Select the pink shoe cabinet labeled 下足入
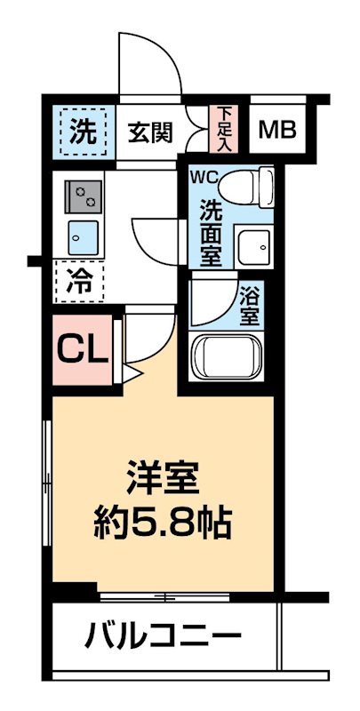223,129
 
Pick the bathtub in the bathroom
227,358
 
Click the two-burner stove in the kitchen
85,196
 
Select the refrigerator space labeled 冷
80,283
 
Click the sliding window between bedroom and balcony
164,594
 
